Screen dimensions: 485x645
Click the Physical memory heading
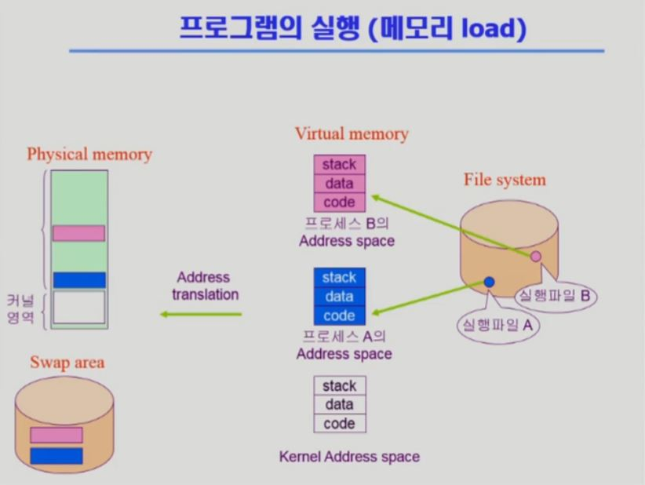click(89, 154)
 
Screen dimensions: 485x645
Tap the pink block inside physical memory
click(78, 233)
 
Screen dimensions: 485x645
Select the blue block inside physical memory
click(78, 280)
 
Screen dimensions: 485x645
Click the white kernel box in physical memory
click(78, 307)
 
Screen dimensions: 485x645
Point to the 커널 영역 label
click(20, 308)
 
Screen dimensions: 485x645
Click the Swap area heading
click(67, 362)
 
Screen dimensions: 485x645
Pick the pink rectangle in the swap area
click(56, 435)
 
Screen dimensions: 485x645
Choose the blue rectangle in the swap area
click(56, 456)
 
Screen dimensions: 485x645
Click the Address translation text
click(203, 286)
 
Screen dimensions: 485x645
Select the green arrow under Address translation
click(202, 315)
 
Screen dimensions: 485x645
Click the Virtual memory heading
click(352, 133)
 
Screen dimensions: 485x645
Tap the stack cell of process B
click(340, 165)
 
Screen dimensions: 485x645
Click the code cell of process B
click(340, 202)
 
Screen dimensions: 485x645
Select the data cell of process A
click(340, 297)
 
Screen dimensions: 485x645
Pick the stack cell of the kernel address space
click(340, 386)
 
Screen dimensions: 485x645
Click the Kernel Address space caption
click(349, 456)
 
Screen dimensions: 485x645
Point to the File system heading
click(505, 180)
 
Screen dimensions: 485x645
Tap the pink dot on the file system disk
click(536, 256)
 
